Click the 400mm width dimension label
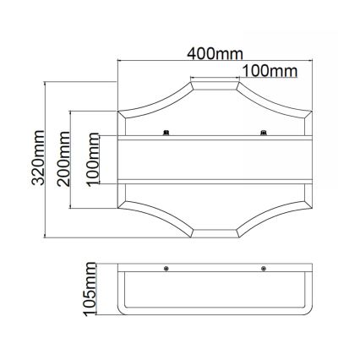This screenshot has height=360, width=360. point(215,54)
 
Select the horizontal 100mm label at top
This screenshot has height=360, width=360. point(269,70)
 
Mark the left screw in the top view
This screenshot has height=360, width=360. point(167,131)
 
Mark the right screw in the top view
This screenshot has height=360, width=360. point(265,131)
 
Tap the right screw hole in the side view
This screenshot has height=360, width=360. point(265,270)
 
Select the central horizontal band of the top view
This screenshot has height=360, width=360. point(215,159)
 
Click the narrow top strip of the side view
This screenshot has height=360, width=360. point(215,270)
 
